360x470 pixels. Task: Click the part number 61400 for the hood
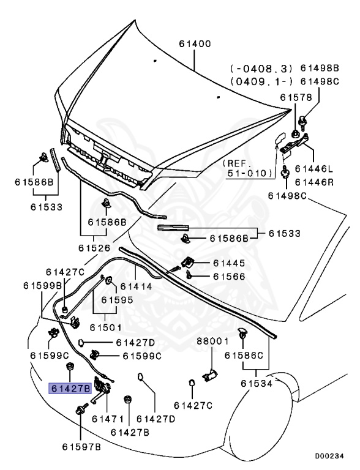195,44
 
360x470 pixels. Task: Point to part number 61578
296,97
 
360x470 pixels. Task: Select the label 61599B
43,286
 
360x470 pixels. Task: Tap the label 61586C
244,355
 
